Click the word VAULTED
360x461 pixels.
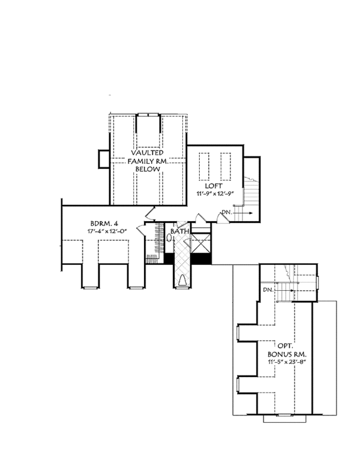145,153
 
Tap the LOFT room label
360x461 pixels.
217,186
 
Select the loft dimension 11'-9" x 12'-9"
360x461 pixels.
217,194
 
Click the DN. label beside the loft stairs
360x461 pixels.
227,213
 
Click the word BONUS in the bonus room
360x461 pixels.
281,354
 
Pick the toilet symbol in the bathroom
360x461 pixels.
170,238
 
